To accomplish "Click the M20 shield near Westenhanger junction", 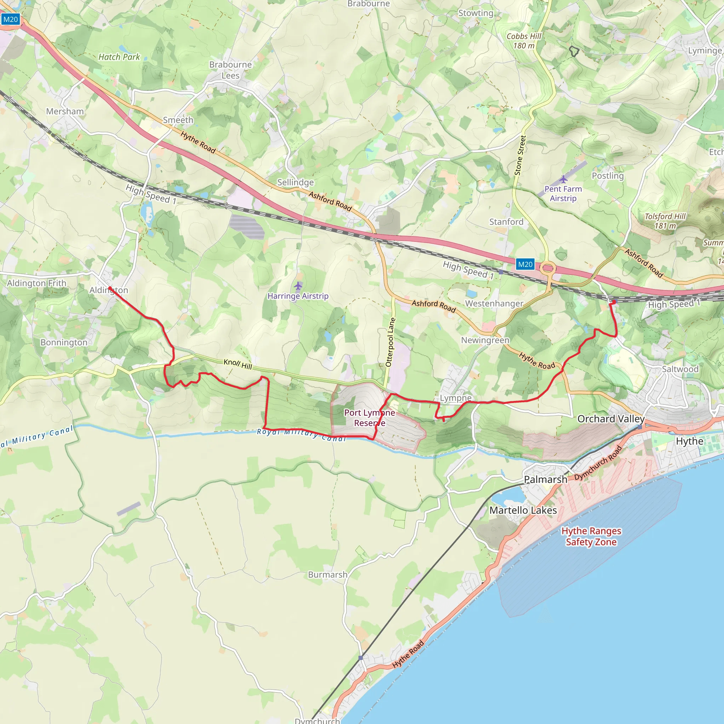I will tap(525, 264).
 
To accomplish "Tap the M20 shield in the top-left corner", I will tap(10, 19).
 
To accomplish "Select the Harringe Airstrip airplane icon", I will tap(298, 286).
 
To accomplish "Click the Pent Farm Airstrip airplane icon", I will tap(563, 180).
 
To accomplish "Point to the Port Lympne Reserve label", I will tap(369, 418).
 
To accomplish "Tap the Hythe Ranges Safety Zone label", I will tap(591, 536).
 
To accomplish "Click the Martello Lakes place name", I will tap(523, 510).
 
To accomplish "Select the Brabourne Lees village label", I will tap(230, 70).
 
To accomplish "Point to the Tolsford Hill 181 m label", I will tap(665, 221).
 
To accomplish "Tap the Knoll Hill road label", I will tap(238, 364).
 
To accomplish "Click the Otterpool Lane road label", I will tap(390, 342).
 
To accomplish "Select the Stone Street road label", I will tap(520, 155).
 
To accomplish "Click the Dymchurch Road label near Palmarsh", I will tap(598, 463).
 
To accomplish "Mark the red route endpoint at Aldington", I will tap(110, 288).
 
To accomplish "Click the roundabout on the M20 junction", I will tap(548, 268).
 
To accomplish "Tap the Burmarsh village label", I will tap(327, 574).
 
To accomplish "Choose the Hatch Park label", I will tap(119, 57).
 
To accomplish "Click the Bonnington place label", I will tap(64, 342).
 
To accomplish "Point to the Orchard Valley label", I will tap(611, 419).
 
